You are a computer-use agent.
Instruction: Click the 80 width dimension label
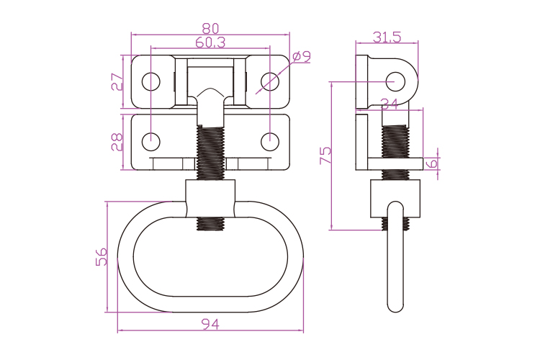210,29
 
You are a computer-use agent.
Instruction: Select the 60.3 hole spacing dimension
210,42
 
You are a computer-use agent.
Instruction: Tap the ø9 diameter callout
302,57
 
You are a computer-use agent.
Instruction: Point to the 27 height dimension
117,81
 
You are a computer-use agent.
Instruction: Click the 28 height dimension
117,142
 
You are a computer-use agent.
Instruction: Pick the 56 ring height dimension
102,256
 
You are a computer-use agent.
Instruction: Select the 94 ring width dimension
210,324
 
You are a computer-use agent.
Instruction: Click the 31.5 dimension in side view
387,37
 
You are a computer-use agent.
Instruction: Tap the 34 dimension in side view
390,104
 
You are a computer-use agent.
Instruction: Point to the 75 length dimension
325,156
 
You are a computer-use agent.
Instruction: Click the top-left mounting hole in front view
151,81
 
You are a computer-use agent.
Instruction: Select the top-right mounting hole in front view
270,81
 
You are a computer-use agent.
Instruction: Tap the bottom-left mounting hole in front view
151,142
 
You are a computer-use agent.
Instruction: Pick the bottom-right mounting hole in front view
270,142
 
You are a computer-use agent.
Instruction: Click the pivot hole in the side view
395,81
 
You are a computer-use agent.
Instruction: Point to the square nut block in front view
210,199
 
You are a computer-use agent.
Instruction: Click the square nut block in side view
395,199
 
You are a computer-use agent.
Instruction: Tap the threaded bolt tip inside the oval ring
210,224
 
